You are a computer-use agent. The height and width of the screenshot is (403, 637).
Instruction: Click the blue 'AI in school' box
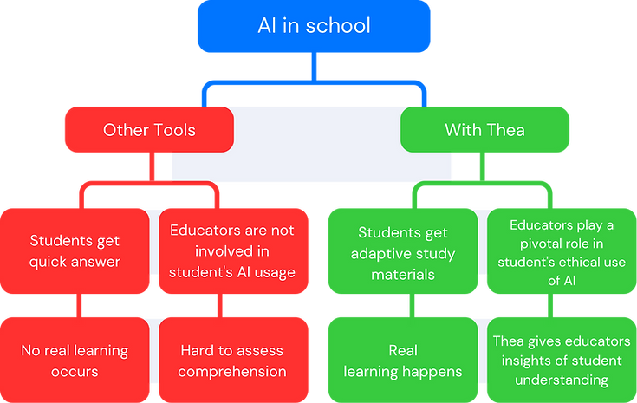pos(314,27)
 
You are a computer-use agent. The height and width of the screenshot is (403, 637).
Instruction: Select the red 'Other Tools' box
pos(148,130)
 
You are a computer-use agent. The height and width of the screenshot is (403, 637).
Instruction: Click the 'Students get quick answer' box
pos(75,250)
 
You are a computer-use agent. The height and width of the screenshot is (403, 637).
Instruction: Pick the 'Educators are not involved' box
pos(233,250)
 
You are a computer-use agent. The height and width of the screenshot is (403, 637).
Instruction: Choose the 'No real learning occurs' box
pos(75,361)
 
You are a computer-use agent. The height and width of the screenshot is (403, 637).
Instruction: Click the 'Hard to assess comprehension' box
pos(233,361)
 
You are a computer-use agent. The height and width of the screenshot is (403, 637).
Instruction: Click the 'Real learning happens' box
pos(402,361)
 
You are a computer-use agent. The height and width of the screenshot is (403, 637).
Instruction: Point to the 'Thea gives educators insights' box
pos(561,361)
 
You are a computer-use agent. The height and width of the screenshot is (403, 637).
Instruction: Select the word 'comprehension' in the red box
pos(233,372)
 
